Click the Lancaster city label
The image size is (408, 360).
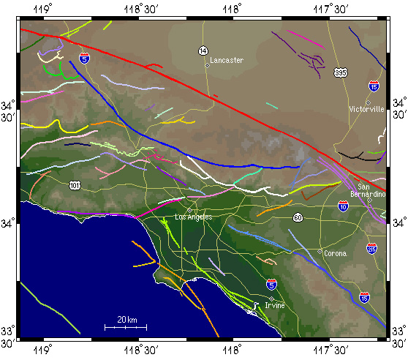coord(227,60)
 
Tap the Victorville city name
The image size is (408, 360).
coord(367,110)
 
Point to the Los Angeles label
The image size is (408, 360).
coord(194,217)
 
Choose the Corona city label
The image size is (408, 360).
coord(335,253)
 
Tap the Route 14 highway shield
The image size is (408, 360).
coord(203,50)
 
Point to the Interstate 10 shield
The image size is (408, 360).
coord(344,208)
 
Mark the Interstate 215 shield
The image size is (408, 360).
coord(372,249)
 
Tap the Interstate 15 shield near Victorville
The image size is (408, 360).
coord(374,86)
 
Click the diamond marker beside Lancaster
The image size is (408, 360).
coord(207,65)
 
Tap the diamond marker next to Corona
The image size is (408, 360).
coord(320,252)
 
